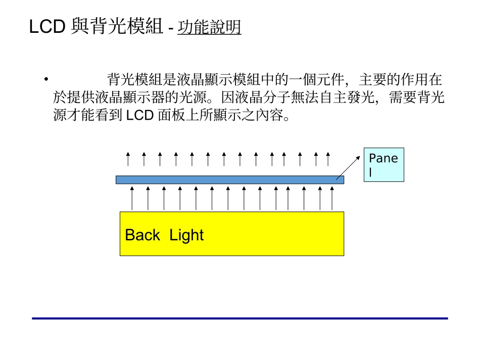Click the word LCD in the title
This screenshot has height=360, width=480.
click(47, 27)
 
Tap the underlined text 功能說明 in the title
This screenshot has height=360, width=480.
click(209, 27)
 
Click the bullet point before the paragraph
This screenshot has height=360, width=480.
click(46, 79)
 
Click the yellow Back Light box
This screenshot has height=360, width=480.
click(231, 233)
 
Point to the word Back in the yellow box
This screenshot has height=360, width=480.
click(142, 235)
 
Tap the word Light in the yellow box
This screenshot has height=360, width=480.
click(186, 235)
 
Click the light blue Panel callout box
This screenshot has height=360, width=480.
click(384, 165)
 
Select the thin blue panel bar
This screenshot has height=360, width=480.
click(229, 180)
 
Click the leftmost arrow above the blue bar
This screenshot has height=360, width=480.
click(128, 159)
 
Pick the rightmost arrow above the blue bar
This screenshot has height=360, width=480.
click(328, 159)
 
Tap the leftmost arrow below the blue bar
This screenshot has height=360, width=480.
click(132, 198)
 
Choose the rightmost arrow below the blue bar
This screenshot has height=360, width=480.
click(332, 198)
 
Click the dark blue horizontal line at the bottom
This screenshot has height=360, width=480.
click(239, 318)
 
